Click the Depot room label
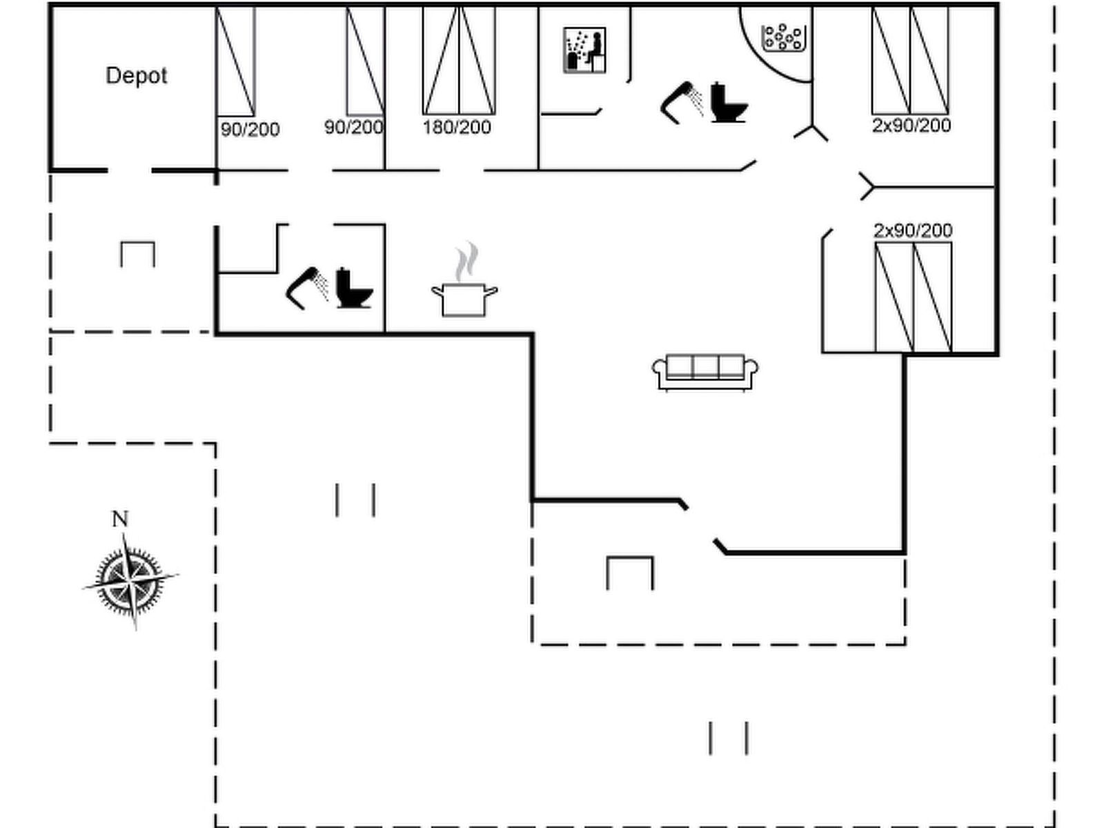point(136,75)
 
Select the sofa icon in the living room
point(705,371)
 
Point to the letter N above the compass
point(120,519)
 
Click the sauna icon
point(584,50)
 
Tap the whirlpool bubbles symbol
point(782,37)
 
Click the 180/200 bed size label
point(457,127)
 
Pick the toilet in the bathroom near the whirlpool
point(728,103)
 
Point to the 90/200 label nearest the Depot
point(250,129)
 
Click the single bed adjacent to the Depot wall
point(235,62)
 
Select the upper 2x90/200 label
point(911,126)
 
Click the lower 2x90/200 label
point(912,230)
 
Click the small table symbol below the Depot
point(137,253)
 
